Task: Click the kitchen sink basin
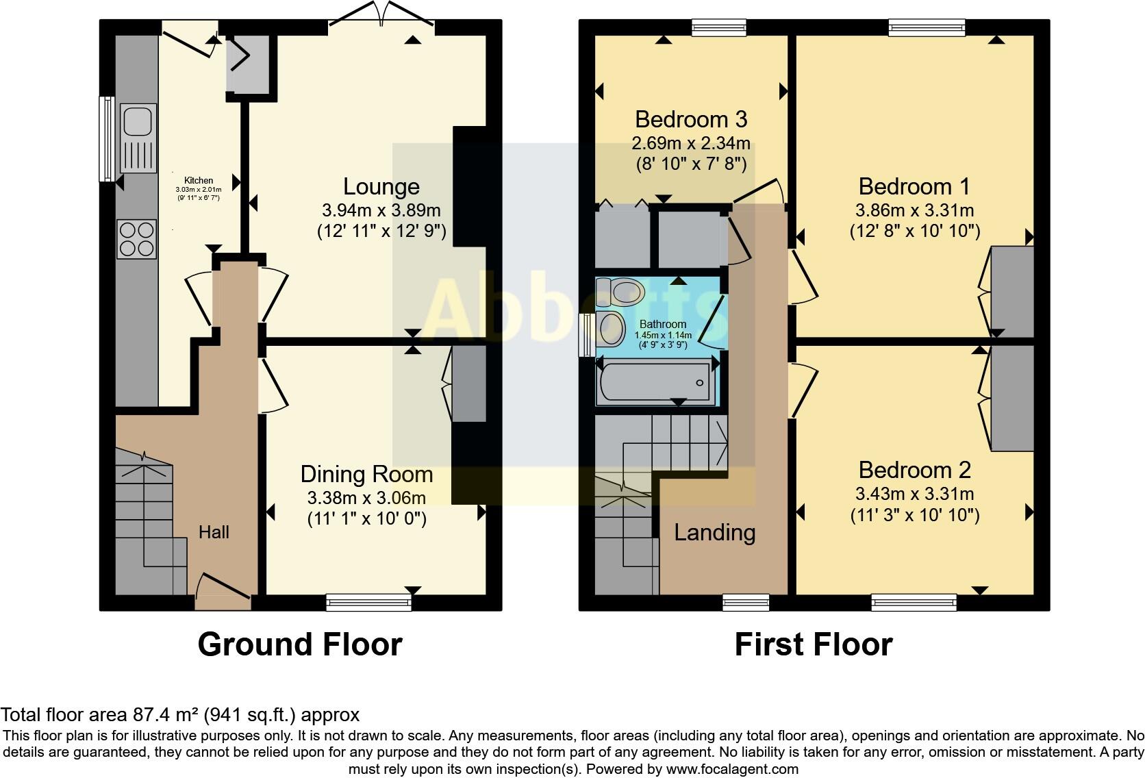(137, 121)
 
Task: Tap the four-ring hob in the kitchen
(137, 239)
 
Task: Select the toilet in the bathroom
(624, 292)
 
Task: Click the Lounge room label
(381, 186)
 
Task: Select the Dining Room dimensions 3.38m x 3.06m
(366, 498)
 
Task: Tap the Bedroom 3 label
(690, 119)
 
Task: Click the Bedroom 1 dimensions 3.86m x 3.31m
(914, 210)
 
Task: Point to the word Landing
(714, 532)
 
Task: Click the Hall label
(214, 532)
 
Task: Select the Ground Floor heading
(299, 644)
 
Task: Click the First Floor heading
(813, 644)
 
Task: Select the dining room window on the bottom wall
(369, 602)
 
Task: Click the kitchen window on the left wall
(107, 139)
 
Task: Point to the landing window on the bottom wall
(746, 602)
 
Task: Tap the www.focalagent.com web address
(731, 769)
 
